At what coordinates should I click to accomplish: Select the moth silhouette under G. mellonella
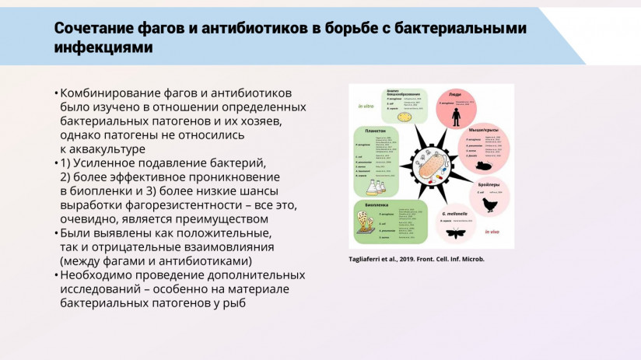[455, 232]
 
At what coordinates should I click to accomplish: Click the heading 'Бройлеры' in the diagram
[489, 184]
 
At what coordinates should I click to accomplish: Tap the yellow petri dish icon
[404, 117]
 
